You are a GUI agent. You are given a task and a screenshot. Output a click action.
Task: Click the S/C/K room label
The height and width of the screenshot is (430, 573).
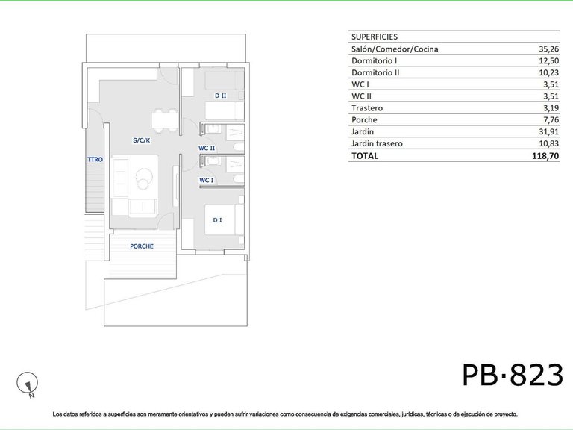(x=142, y=140)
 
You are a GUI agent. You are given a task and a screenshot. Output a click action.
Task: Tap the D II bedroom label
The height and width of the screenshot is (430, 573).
(x=220, y=96)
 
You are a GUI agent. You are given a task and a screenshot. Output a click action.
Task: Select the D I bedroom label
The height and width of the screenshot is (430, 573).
(x=217, y=220)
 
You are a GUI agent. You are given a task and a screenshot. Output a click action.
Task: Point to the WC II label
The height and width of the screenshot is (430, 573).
(x=207, y=148)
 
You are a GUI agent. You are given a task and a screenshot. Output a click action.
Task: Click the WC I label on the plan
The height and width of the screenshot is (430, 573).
(x=207, y=180)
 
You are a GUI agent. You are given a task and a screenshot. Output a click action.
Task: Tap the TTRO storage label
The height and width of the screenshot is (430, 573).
(x=95, y=160)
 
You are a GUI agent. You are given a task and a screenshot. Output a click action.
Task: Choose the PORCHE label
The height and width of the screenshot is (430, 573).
(x=142, y=246)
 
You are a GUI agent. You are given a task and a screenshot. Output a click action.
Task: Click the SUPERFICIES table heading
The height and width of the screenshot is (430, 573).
(x=375, y=37)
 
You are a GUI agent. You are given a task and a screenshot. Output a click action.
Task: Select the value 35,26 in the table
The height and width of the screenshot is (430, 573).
(x=549, y=49)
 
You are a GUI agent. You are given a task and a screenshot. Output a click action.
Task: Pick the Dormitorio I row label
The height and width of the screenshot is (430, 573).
(x=375, y=60)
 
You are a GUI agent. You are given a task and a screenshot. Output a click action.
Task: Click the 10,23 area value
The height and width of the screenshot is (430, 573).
(x=549, y=72)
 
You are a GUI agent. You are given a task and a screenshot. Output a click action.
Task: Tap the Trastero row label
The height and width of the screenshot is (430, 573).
(x=367, y=108)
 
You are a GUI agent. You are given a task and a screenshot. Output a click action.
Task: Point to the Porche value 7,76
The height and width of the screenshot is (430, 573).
(x=551, y=120)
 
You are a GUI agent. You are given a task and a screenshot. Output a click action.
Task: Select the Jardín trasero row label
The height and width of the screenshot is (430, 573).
(x=377, y=143)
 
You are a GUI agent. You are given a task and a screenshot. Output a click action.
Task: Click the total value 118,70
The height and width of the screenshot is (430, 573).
(x=545, y=156)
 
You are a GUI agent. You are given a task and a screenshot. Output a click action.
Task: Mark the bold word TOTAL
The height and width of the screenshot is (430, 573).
(x=365, y=156)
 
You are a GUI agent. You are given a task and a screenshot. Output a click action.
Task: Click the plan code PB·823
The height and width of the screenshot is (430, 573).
(x=513, y=376)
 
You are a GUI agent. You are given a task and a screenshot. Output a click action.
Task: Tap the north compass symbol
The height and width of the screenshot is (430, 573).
(x=28, y=384)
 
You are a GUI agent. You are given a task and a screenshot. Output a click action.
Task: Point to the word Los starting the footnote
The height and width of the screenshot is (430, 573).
(x=57, y=414)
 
